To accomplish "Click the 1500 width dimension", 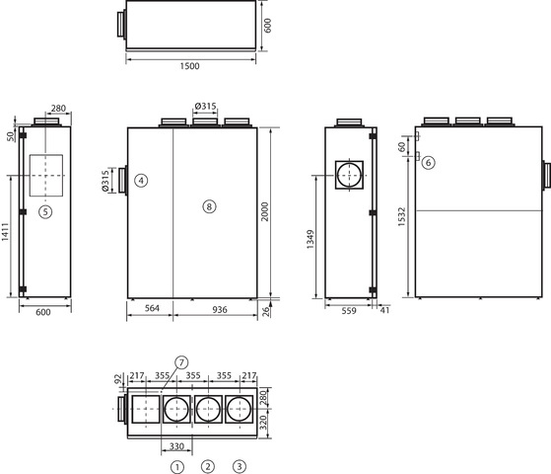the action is [x=190, y=66].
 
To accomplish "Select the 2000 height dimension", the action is [x=264, y=211].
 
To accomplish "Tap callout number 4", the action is [x=141, y=181].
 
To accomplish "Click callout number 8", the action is [x=209, y=206].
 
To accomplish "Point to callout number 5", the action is [x=45, y=212].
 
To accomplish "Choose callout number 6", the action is [x=428, y=163].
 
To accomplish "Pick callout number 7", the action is [x=181, y=362].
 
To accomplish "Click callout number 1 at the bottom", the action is [x=177, y=467].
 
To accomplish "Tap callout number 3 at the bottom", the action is [x=240, y=467].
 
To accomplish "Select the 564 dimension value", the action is [x=152, y=308].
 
